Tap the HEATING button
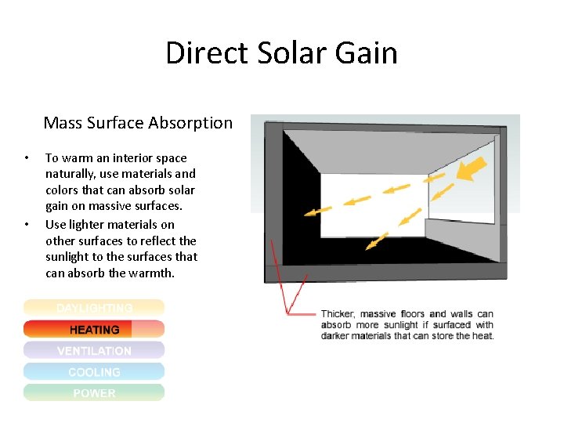click(94, 330)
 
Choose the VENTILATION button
click(94, 351)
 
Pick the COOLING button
click(94, 372)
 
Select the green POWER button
click(94, 393)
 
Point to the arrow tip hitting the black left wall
click(307, 212)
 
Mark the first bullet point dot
click(27, 158)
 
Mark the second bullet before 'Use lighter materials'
click(27, 225)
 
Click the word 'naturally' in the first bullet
click(70, 174)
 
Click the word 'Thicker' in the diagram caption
click(338, 314)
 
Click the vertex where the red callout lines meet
click(287, 314)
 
